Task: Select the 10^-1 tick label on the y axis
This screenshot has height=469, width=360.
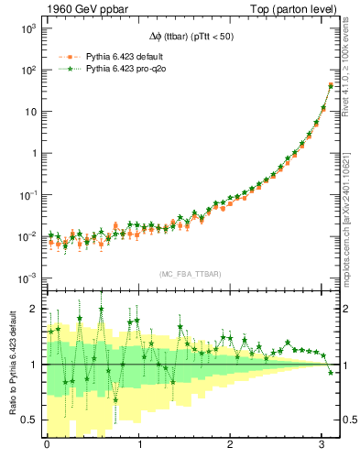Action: pos(27,195)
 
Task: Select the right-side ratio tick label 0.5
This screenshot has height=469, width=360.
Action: pos(349,420)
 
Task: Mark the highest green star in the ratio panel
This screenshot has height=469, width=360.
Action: pos(101,309)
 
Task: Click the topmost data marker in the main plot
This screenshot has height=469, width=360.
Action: pos(331,85)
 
